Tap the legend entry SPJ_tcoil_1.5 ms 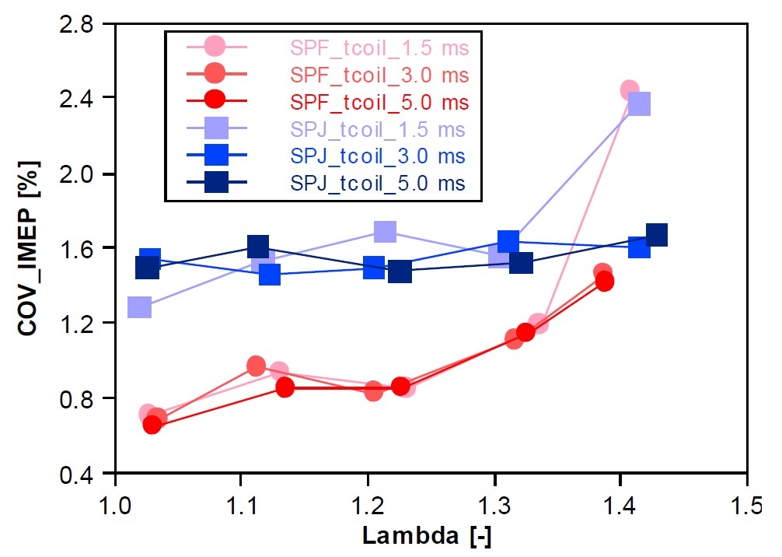[378, 129]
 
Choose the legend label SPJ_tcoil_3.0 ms [378, 156]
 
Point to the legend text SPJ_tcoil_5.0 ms [378, 184]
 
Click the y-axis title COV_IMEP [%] [28, 249]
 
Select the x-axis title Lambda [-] [426, 536]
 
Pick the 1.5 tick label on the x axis [746, 497]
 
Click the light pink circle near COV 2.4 [630, 90]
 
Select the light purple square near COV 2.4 [639, 103]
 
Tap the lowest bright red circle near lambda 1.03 [152, 425]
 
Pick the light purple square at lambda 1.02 [139, 307]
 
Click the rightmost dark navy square [656, 235]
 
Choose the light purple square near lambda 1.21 [385, 231]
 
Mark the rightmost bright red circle [605, 282]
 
